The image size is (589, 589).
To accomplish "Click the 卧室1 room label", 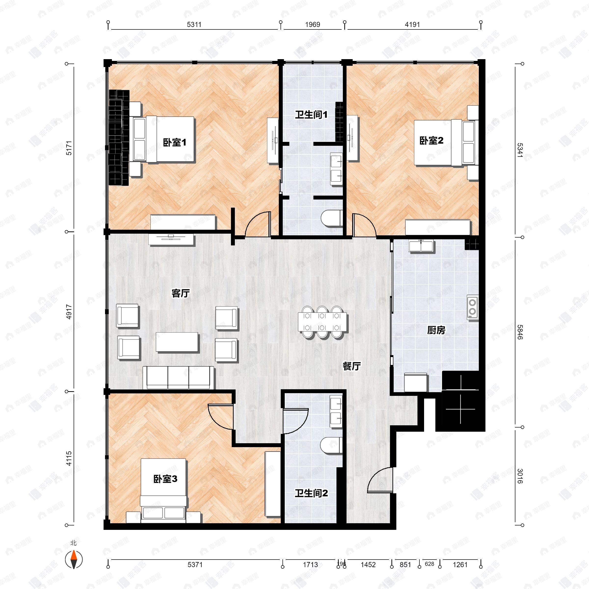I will point(174,142).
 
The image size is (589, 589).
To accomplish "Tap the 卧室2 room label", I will point(431,141).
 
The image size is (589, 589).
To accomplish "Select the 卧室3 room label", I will point(165,479).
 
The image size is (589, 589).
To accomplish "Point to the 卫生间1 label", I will point(311,115).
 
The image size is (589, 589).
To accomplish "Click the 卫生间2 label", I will point(311,493).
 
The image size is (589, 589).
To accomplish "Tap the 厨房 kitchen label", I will point(436,330).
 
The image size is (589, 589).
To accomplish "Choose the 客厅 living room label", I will point(180,293).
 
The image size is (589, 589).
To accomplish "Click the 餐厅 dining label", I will point(351,366).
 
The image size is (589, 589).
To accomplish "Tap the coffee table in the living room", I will point(177,342).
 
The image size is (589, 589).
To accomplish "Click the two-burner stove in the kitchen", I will point(472,307).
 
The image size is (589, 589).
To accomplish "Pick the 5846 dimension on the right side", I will point(520,332).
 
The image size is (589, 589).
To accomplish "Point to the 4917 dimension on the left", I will point(69,312).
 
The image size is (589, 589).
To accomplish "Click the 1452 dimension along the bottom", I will point(368,565).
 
